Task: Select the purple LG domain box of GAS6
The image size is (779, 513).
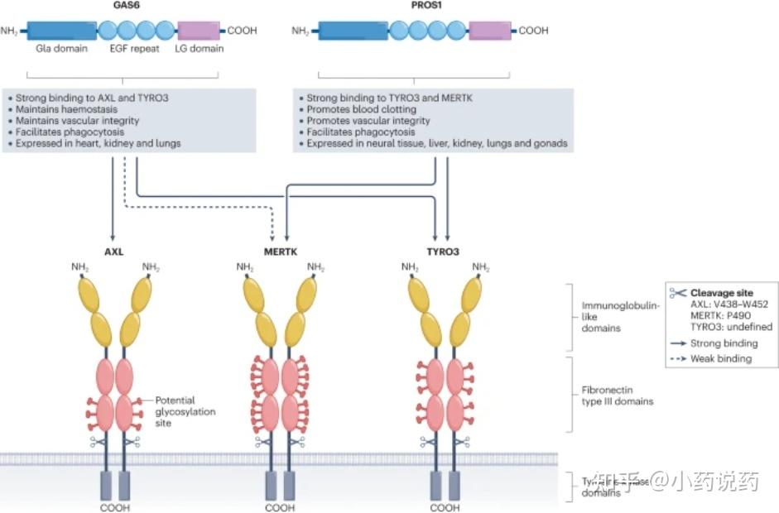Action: [x=199, y=31]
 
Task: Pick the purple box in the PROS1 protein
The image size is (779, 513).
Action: [x=489, y=31]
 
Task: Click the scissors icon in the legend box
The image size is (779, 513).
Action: [x=678, y=293]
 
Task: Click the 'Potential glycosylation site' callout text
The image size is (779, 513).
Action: [x=176, y=411]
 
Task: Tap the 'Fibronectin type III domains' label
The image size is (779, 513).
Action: [x=617, y=396]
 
